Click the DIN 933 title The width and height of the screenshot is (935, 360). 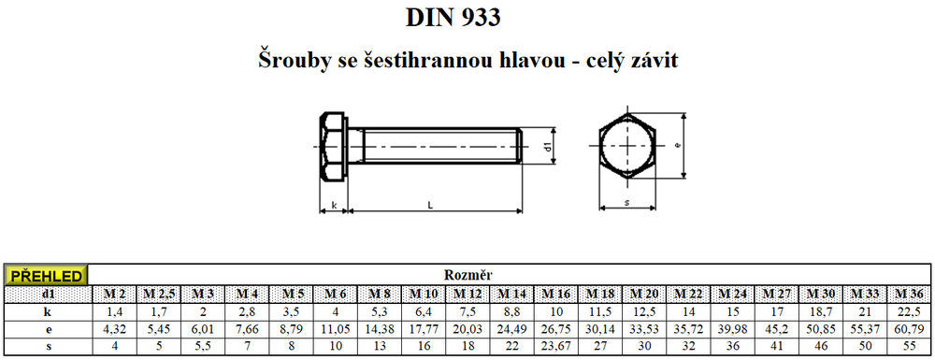point(453,18)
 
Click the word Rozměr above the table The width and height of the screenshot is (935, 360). point(467,275)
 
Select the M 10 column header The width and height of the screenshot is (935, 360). point(424,294)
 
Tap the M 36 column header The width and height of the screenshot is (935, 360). point(910,294)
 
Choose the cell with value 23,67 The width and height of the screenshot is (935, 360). point(556,346)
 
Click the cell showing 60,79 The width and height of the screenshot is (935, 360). point(910,329)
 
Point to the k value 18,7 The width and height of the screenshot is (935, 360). point(821,311)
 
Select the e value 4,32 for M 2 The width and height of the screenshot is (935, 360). point(114,329)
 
